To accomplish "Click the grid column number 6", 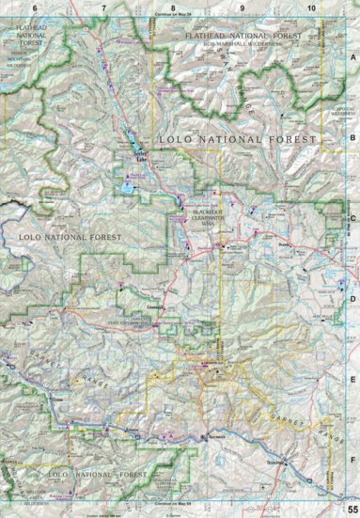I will (34, 8).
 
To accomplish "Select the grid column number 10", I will (311, 8).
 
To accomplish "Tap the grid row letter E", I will (352, 381).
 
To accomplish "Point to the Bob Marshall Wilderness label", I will (240, 43).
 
